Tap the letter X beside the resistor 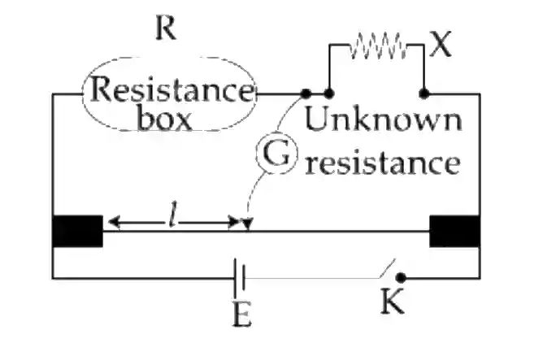(x=441, y=44)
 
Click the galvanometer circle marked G (x=276, y=154)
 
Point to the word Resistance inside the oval (x=172, y=89)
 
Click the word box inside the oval (x=164, y=119)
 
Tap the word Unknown (x=384, y=119)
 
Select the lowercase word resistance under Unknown (x=383, y=163)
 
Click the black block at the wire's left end (x=78, y=231)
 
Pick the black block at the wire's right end (x=455, y=231)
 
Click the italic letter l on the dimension (x=172, y=214)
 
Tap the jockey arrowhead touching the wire (x=247, y=225)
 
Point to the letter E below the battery (x=242, y=314)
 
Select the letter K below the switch (x=392, y=301)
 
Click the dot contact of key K (x=401, y=278)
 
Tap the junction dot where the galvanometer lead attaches (x=306, y=94)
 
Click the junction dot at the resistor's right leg (x=424, y=94)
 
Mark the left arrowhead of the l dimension (x=114, y=222)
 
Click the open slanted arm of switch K (x=387, y=269)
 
